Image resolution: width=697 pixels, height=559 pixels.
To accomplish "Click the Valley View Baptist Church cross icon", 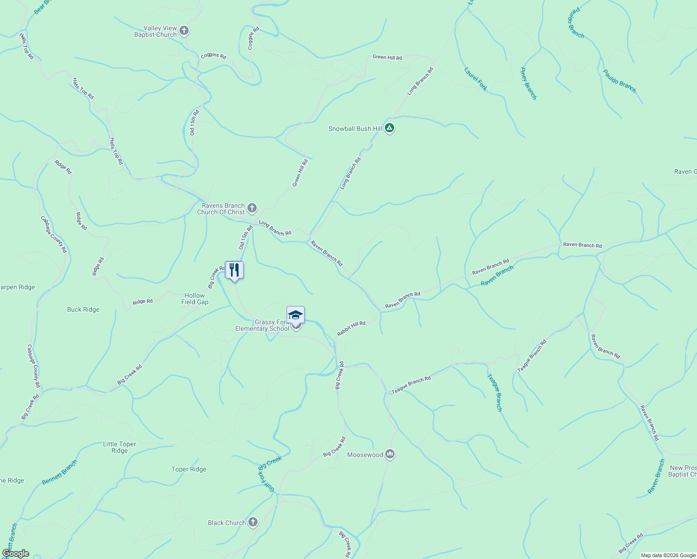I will tap(184, 31).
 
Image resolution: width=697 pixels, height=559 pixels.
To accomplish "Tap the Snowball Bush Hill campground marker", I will tap(389, 128).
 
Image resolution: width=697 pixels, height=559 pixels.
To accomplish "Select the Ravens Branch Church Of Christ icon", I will tap(252, 208).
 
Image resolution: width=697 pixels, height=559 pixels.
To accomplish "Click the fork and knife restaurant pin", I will tap(234, 270).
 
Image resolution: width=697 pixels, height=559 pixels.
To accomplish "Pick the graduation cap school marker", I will tap(295, 315).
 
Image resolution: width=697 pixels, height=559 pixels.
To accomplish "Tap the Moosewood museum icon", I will tap(390, 454).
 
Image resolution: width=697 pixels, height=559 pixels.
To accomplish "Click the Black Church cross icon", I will tap(253, 522).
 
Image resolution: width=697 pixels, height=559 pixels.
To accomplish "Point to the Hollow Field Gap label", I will tap(195, 299).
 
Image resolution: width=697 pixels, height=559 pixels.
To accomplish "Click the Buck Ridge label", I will tap(83, 309).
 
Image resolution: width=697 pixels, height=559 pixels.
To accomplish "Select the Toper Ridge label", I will tap(189, 469).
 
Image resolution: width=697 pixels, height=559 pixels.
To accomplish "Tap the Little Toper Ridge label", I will tap(119, 447).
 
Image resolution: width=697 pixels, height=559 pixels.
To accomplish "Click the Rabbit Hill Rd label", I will tap(351, 328).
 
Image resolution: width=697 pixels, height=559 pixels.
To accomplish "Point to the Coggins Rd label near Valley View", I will tap(213, 55).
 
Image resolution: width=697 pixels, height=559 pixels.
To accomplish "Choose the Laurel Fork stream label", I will tap(476, 79).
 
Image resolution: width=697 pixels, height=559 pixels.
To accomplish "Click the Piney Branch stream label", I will tap(528, 84).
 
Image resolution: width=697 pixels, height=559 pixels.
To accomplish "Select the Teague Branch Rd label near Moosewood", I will tap(411, 385).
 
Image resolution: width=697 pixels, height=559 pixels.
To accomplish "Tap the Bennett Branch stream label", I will tap(59, 472).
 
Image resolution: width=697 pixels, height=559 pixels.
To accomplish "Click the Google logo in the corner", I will tap(15, 553).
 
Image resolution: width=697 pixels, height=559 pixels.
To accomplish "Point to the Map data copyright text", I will tap(668, 555).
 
